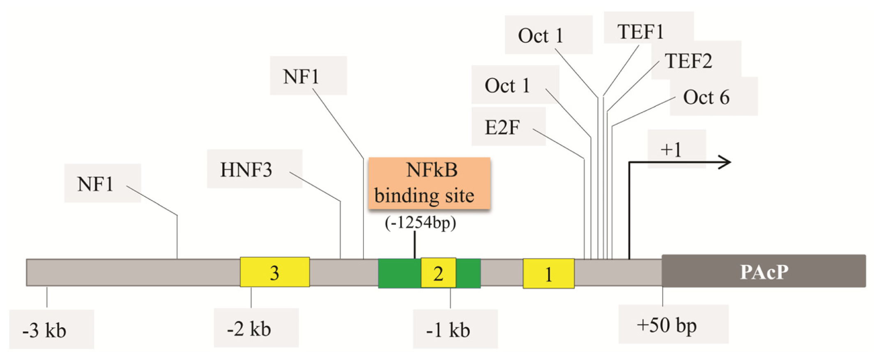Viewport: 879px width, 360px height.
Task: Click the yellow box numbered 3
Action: [x=274, y=272]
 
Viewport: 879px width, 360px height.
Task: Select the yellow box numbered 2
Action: [x=438, y=273]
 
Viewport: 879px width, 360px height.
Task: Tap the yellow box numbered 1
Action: [x=548, y=274]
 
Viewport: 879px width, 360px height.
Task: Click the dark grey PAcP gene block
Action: [x=763, y=271]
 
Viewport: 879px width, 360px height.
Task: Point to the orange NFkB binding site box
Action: [x=429, y=183]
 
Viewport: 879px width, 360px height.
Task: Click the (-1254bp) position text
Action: [x=420, y=223]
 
